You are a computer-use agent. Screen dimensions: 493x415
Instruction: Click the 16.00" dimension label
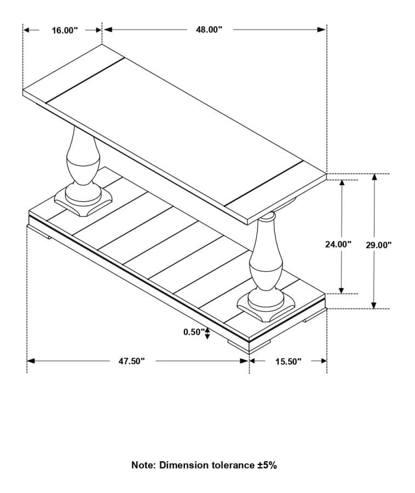point(65,30)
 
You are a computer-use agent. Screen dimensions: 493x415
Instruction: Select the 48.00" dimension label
point(209,30)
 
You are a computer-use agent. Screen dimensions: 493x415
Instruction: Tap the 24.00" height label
point(338,244)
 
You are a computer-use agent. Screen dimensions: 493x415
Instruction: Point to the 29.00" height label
point(378,245)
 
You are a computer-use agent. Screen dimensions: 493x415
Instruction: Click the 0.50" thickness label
point(193,332)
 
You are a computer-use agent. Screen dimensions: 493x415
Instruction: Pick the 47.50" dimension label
point(131,361)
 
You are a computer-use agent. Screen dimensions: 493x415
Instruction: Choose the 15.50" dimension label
point(288,361)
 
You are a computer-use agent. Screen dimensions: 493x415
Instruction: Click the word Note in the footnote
point(143,465)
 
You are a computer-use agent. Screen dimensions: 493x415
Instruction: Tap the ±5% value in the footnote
point(267,465)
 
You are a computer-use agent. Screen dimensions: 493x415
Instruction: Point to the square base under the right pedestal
point(267,309)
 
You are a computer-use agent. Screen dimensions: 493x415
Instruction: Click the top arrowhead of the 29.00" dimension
point(374,177)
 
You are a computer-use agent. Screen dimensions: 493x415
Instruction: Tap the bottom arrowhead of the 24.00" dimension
point(342,290)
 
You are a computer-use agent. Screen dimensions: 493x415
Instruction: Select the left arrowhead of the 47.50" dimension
point(31,361)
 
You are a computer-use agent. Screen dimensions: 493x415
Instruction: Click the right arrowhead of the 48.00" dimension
point(322,30)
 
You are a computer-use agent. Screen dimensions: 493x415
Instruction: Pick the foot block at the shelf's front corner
point(250,345)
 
